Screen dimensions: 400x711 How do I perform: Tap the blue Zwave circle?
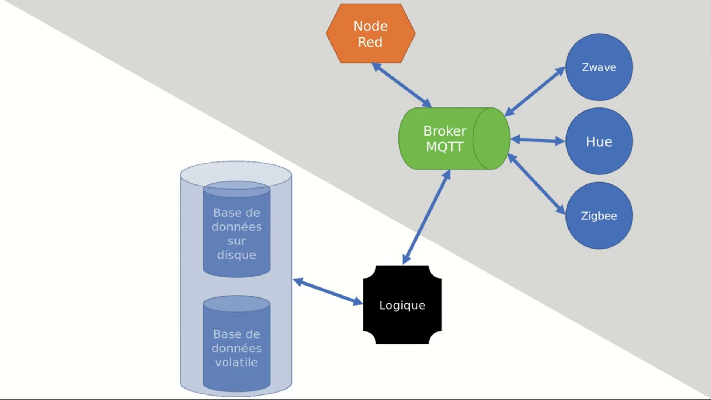pos(599,67)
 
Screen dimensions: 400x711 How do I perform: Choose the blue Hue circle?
pos(599,141)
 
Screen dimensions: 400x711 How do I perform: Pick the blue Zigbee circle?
pos(599,216)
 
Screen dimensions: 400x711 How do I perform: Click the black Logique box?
pos(402,305)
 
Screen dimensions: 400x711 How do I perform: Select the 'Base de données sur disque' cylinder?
pos(236,230)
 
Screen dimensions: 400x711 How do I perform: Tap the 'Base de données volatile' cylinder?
pos(236,344)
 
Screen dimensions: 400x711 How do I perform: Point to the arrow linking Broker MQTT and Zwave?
pos(535,91)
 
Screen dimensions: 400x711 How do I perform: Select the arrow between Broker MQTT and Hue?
pos(538,140)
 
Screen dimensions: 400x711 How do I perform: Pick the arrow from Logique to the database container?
pos(328,292)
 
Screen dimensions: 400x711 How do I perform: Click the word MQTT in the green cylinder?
pos(444,147)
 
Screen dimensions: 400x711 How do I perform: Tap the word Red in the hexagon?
pos(370,42)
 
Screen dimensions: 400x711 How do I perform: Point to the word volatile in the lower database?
pos(236,362)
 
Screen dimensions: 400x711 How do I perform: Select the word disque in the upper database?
pos(236,255)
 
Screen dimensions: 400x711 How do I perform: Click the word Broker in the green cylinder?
pos(445,131)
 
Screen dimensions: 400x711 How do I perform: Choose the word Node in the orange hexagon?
pos(370,26)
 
